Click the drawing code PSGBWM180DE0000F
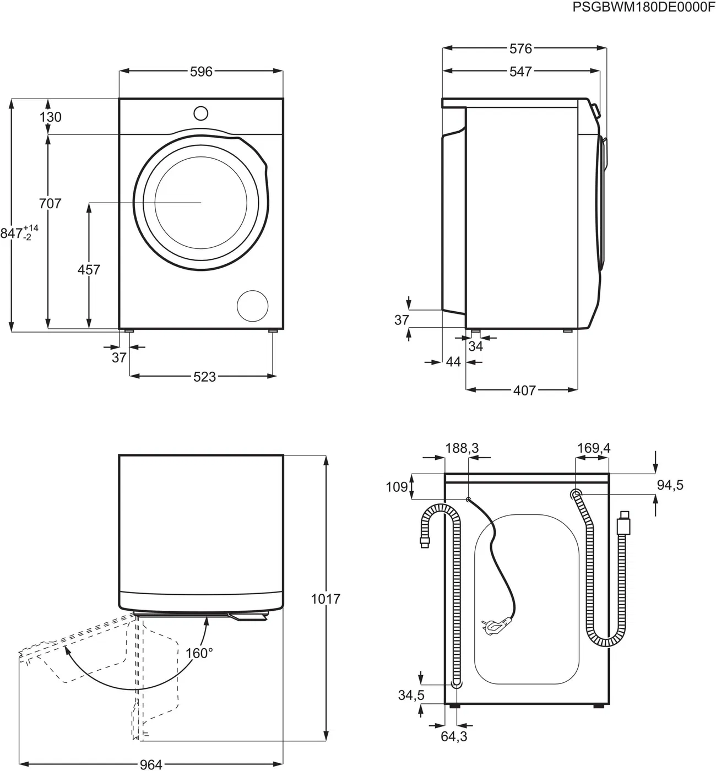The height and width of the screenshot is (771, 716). (x=643, y=7)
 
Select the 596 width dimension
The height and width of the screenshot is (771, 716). (x=201, y=72)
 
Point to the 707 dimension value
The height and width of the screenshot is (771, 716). (x=50, y=204)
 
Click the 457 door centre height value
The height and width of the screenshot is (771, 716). (x=89, y=270)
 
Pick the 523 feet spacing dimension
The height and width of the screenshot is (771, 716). (x=204, y=377)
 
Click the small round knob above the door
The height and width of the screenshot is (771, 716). (x=200, y=113)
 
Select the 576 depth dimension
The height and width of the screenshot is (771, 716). (x=520, y=49)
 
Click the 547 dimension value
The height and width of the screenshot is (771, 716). (x=520, y=72)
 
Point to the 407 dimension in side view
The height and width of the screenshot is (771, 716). (x=524, y=390)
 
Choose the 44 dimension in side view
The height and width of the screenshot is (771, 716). (x=453, y=362)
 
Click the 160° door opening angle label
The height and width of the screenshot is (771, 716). (x=199, y=653)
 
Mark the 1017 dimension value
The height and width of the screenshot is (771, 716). (x=326, y=599)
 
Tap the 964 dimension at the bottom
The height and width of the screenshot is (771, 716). (x=150, y=764)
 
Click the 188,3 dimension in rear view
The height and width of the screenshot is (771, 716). (x=462, y=448)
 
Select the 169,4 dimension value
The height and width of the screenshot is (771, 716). (x=593, y=448)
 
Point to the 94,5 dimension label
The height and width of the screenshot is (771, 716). (x=670, y=485)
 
